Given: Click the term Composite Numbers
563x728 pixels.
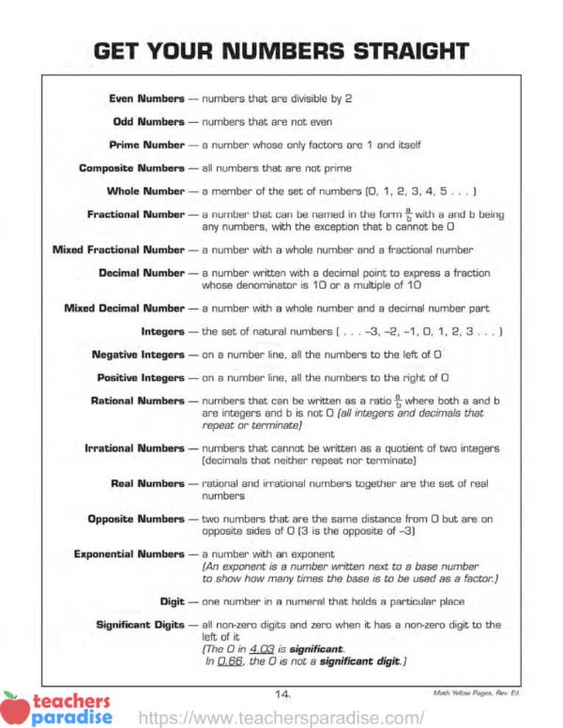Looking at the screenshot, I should (132, 168).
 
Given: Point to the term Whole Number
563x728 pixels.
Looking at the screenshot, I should (145, 191).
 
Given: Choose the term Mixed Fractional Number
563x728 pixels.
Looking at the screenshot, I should (118, 250).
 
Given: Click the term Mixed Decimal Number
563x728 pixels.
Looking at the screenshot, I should (125, 308).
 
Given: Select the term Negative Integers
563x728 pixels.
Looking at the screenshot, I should (139, 355).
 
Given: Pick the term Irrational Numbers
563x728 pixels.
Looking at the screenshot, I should (135, 448).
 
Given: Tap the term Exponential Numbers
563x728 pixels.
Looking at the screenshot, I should (129, 554).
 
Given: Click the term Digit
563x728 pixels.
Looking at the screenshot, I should (173, 600).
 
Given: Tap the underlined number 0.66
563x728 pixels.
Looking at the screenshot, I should (229, 661).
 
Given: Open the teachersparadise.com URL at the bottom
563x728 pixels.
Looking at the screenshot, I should (281, 718).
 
